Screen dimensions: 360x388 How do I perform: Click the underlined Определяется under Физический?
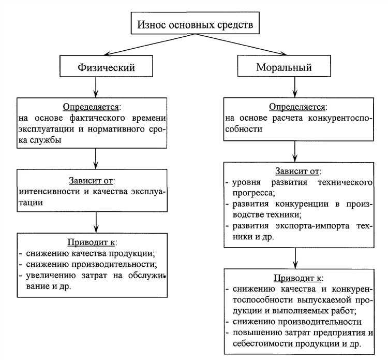coord(92,107)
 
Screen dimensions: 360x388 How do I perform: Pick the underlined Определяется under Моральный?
coord(297,107)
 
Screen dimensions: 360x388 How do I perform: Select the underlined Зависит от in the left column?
coord(92,181)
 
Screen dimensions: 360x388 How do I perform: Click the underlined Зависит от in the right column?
coord(297,171)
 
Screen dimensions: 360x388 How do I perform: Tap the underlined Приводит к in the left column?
coord(92,242)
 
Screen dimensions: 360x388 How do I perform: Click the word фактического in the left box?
coord(91,118)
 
